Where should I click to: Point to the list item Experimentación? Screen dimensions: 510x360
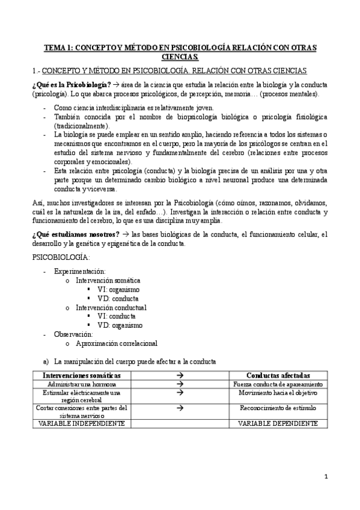point(79,272)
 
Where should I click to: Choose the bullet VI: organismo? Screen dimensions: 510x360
point(118,289)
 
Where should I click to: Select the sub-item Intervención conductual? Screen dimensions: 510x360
point(111,307)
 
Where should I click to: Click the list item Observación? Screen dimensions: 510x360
point(73,334)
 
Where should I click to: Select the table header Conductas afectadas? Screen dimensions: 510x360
point(278,375)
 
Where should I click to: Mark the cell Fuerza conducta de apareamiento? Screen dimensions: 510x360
point(278,384)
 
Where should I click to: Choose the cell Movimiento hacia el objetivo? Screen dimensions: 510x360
point(278,392)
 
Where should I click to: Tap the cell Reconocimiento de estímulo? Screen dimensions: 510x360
point(278,408)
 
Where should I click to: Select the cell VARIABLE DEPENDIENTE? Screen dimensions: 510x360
point(278,423)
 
